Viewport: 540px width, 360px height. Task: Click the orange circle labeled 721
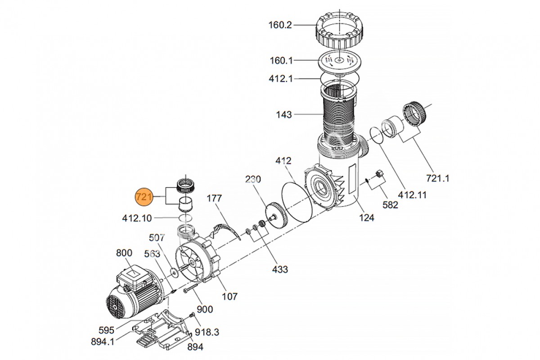(144, 197)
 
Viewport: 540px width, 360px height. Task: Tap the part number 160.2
(280, 25)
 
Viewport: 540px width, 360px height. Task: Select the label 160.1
(281, 60)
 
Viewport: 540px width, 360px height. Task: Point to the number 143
(284, 115)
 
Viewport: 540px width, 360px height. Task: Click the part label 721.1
(438, 179)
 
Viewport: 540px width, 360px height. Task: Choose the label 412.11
(412, 195)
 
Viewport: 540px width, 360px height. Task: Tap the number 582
(390, 205)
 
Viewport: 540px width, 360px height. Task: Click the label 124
(367, 218)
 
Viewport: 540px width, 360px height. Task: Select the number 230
(253, 179)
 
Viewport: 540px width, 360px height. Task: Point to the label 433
(280, 270)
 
